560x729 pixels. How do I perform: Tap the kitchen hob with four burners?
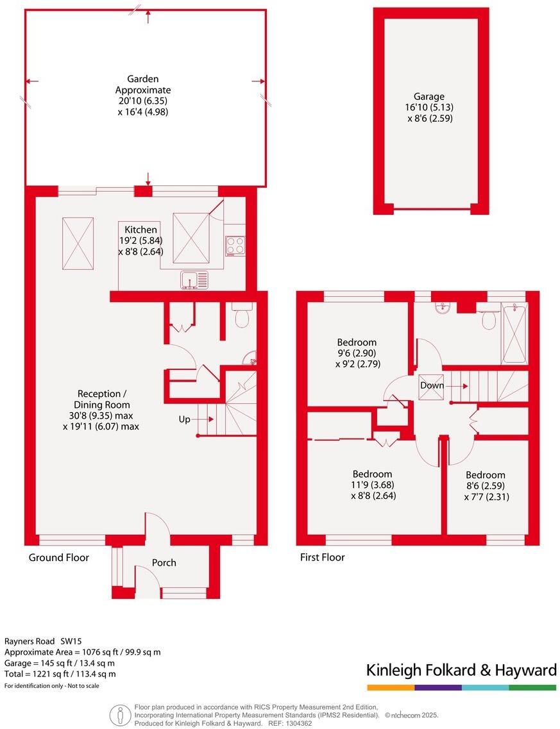pyautogui.click(x=235, y=246)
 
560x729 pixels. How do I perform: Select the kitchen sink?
pyautogui.click(x=194, y=280)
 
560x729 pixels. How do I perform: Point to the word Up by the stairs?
pyautogui.click(x=184, y=419)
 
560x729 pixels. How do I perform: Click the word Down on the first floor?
pyautogui.click(x=431, y=386)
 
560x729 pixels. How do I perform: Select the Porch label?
pyautogui.click(x=164, y=563)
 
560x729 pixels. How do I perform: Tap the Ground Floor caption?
pyautogui.click(x=58, y=558)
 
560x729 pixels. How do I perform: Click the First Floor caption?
pyautogui.click(x=322, y=558)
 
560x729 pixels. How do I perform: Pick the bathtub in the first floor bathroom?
pyautogui.click(x=514, y=335)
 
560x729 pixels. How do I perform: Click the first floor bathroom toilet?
pyautogui.click(x=489, y=317)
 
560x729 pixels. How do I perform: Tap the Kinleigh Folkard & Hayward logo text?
pyautogui.click(x=461, y=671)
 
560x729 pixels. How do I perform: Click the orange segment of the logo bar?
pyautogui.click(x=391, y=687)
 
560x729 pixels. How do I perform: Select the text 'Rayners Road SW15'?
pyautogui.click(x=44, y=641)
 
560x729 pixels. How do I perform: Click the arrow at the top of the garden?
pyautogui.click(x=148, y=17)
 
